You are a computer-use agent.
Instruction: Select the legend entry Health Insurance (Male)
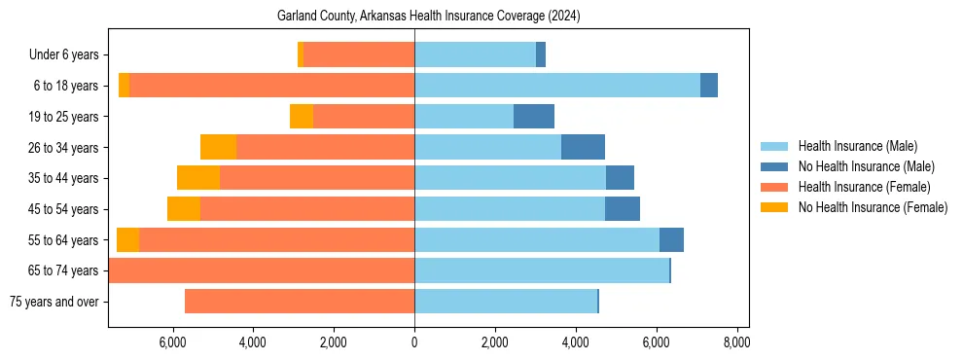pos(857,146)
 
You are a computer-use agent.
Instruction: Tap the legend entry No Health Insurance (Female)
pos(872,207)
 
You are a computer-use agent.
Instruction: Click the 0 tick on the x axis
pos(414,342)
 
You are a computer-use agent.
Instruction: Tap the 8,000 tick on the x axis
pos(736,342)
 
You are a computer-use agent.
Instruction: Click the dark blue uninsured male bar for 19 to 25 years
pos(534,117)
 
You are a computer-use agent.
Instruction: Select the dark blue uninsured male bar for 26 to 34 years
pos(583,147)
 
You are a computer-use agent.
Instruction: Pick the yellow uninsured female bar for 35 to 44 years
pos(198,178)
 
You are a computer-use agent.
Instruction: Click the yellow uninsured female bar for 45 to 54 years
pos(184,209)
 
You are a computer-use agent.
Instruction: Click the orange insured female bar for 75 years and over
pos(300,302)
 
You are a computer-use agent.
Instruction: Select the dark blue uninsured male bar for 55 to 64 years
pos(671,239)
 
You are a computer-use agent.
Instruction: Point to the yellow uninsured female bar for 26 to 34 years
pos(219,147)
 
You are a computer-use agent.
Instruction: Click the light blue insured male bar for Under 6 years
pos(475,55)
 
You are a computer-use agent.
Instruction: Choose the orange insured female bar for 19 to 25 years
pos(364,117)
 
